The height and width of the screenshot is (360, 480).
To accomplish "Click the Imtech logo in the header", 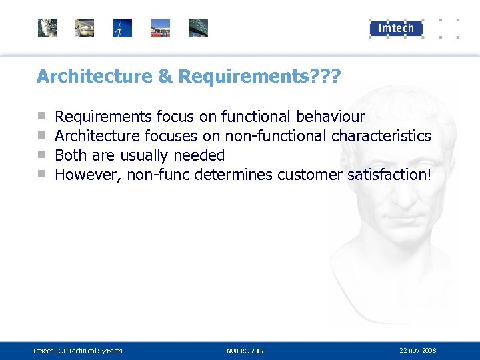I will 396,27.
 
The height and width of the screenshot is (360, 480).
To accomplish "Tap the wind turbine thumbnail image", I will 123,28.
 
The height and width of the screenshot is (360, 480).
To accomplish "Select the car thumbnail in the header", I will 85,28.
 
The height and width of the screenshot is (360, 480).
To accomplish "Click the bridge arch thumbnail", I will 199,28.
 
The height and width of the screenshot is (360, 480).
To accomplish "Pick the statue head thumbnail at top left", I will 47,28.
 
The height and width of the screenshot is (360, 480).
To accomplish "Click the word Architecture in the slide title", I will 95,77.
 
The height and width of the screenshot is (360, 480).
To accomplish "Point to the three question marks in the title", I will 325,77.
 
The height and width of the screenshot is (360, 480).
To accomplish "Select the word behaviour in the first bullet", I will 331,117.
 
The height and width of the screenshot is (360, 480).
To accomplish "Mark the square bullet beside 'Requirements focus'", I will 41,117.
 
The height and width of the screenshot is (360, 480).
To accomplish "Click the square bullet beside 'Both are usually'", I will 41,155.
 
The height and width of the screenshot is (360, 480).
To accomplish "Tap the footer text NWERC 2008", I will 246,351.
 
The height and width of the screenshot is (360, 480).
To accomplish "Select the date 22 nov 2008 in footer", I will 417,350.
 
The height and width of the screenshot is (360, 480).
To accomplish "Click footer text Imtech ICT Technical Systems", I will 78,351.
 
